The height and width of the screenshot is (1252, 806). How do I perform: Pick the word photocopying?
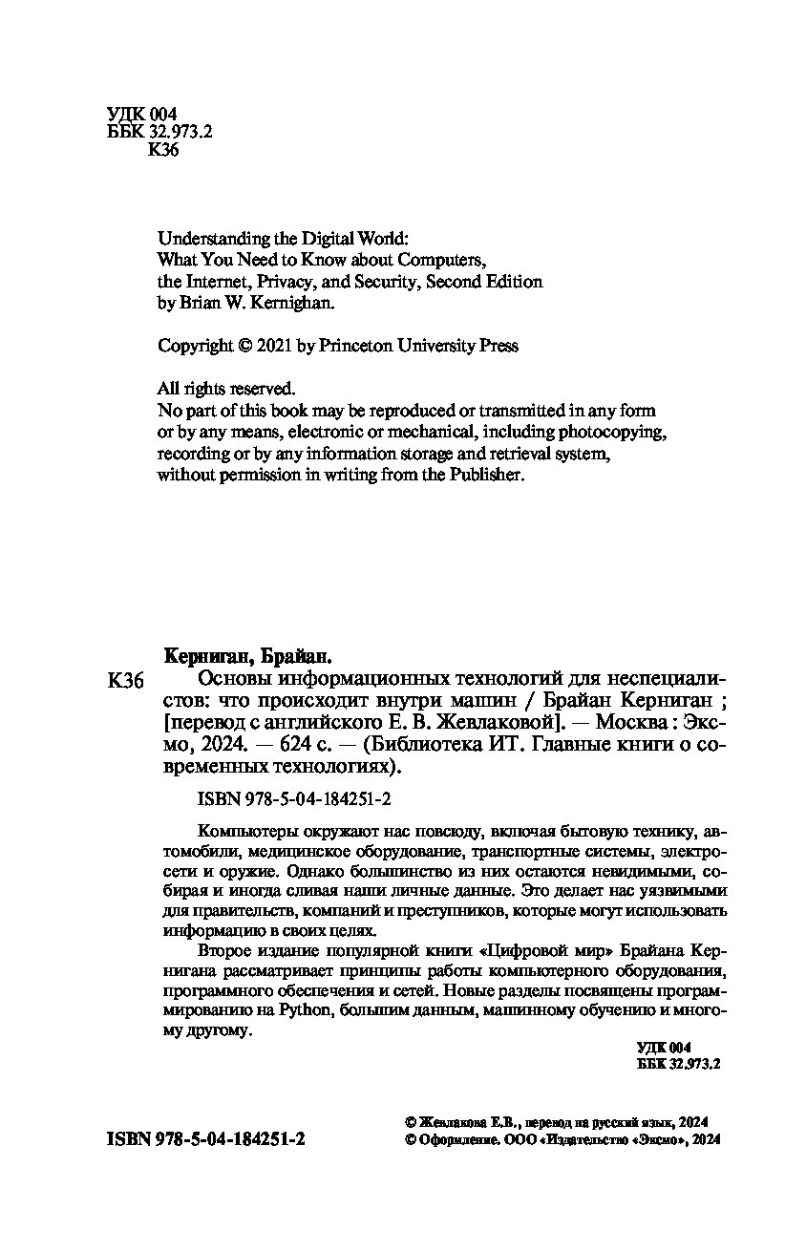(x=617, y=432)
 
